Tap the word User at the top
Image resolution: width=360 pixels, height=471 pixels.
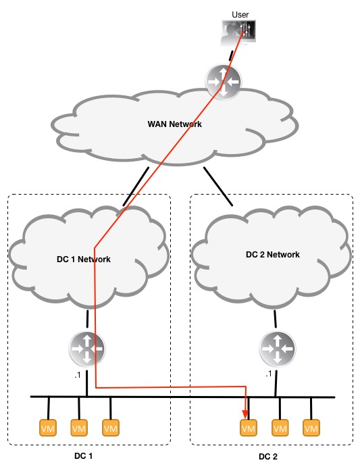240,14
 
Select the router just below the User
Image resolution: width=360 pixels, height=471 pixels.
224,82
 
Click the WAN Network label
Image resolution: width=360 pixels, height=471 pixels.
174,124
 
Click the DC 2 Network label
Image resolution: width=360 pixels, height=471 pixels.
273,255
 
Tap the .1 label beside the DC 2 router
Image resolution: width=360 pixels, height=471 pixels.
268,373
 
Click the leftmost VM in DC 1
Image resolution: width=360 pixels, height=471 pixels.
48,428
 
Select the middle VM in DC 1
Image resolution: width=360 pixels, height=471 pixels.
79,428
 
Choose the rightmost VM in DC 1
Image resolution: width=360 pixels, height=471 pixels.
110,428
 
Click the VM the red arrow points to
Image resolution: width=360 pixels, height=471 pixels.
249,428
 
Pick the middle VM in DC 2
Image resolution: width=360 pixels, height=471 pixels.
280,428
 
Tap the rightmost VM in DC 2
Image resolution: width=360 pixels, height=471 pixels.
311,428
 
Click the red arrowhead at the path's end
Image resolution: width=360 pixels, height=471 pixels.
245,407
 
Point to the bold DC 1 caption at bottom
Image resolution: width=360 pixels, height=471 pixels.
84,456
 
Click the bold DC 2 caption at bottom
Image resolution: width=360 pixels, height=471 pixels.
268,457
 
